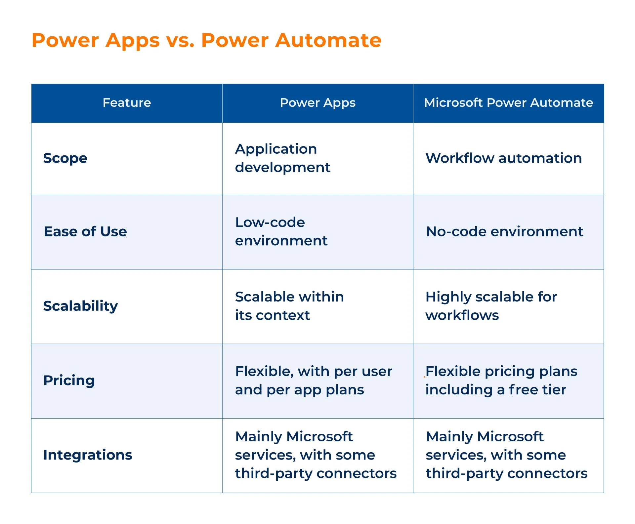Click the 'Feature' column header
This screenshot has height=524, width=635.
click(x=127, y=103)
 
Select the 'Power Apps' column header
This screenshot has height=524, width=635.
click(x=317, y=103)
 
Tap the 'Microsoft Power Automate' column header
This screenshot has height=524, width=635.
click(x=508, y=103)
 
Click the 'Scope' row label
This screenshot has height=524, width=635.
click(x=65, y=158)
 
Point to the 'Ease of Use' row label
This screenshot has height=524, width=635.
click(x=85, y=231)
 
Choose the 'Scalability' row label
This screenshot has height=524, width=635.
click(x=80, y=306)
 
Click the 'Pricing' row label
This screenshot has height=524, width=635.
click(x=69, y=381)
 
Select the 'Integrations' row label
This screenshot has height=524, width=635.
click(x=88, y=455)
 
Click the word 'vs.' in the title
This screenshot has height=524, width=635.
click(x=181, y=41)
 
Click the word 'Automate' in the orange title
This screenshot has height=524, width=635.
click(x=328, y=40)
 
